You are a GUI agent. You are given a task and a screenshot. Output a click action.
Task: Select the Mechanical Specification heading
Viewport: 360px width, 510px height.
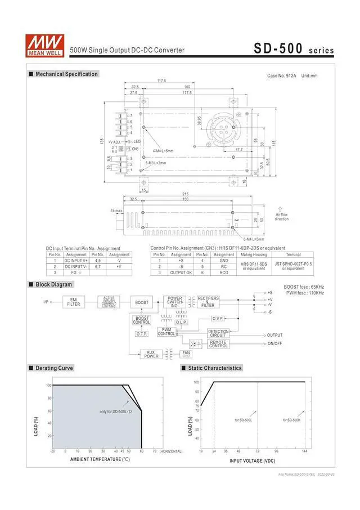[x=66, y=74]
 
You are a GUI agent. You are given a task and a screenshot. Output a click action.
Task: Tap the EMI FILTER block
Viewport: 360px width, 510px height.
[x=73, y=302]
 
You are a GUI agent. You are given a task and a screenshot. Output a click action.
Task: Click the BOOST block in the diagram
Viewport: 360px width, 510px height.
[x=142, y=302]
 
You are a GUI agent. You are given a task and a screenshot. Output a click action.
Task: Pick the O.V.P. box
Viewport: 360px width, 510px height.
[x=218, y=318]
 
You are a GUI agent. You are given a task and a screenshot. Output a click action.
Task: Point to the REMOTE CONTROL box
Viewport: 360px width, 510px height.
[x=218, y=343]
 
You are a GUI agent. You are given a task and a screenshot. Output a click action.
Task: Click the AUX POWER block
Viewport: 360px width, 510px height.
[x=151, y=354]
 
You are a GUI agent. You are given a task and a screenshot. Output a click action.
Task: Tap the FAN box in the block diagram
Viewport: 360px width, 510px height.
[x=186, y=354]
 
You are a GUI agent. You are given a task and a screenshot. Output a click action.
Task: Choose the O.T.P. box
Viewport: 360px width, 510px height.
[x=141, y=334]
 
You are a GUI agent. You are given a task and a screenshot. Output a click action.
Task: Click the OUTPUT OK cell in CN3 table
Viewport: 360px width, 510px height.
[x=181, y=272]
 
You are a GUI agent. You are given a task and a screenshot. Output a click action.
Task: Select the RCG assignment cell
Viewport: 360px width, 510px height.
[x=224, y=272]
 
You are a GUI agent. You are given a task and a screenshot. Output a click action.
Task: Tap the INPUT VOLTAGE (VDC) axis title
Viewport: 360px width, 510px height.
[x=253, y=461]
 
